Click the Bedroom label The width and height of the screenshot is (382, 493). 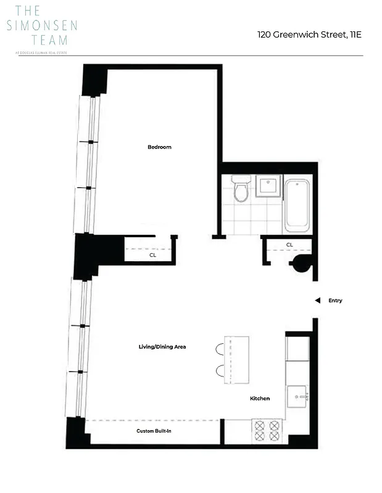(159, 147)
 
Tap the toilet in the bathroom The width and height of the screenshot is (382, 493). (241, 189)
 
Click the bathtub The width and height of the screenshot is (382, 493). (297, 205)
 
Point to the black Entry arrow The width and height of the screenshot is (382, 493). (317, 301)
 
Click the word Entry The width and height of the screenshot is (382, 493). (335, 301)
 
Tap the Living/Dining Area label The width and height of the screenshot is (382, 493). (162, 347)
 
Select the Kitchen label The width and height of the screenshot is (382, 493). (260, 399)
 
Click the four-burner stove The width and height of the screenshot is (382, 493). (267, 430)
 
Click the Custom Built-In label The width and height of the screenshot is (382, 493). (154, 431)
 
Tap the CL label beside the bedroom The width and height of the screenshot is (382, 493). (152, 254)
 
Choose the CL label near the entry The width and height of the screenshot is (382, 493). (289, 245)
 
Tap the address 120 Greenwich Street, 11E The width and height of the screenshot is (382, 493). (309, 35)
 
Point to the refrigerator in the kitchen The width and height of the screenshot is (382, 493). (297, 349)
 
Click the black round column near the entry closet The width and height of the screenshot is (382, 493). (301, 264)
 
